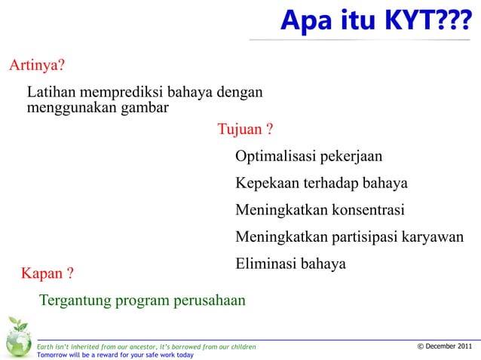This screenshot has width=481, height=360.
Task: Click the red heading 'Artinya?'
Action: click(36, 65)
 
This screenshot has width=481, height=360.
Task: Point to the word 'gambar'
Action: click(142, 108)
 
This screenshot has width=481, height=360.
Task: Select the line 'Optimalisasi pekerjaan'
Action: click(308, 157)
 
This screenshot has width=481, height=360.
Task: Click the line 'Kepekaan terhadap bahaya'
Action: click(321, 184)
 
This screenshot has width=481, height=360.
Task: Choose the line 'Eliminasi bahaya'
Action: click(290, 264)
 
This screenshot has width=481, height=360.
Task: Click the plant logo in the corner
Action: click(17, 337)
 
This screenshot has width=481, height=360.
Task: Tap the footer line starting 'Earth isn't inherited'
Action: click(146, 346)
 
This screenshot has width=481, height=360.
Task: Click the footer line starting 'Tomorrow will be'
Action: click(115, 355)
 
